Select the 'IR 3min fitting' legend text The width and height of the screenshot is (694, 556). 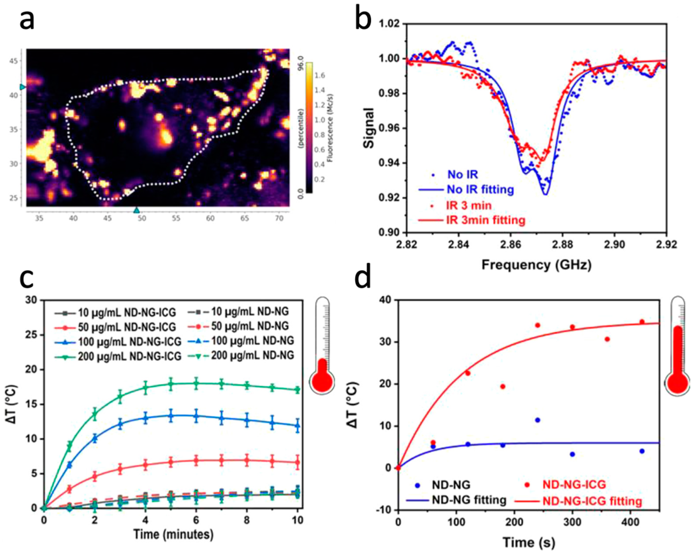click(485, 220)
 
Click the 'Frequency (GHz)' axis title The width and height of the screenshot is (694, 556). click(536, 265)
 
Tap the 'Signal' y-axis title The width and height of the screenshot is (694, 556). click(368, 128)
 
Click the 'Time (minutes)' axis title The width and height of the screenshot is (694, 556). click(173, 534)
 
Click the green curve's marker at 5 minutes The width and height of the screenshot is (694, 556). click(171, 384)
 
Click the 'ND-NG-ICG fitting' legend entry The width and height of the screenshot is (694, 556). click(592, 501)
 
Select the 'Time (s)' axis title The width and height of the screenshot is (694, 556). click(529, 542)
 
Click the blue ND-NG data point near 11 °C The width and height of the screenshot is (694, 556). click(538, 420)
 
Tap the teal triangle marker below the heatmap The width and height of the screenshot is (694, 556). click(136, 210)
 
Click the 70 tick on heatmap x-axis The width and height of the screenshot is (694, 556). click(279, 218)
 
